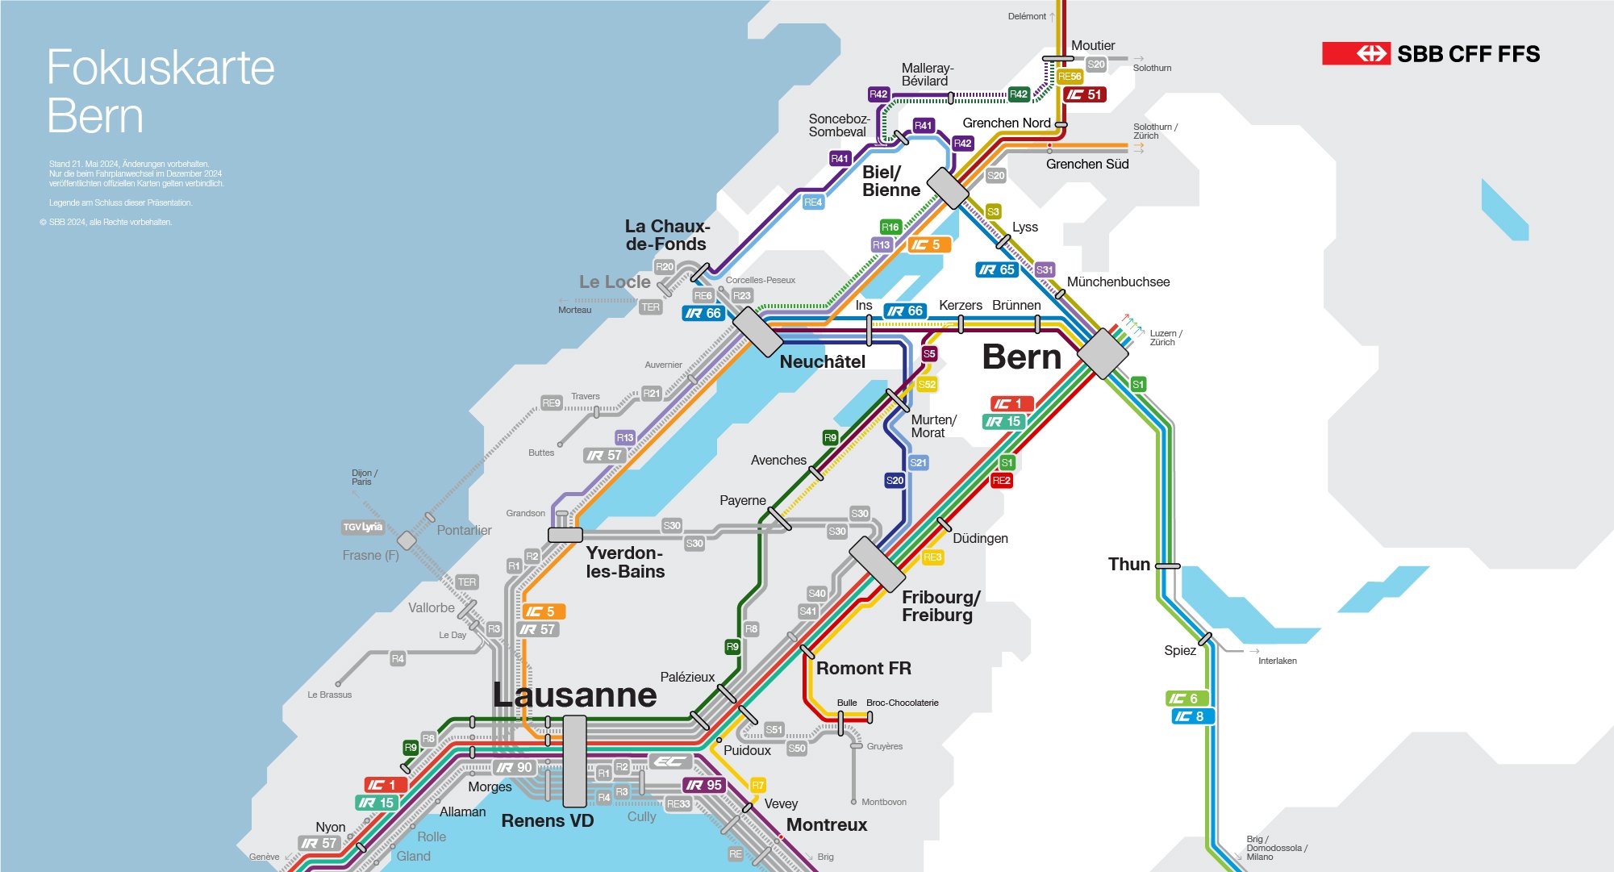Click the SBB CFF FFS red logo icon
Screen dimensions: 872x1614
1356,54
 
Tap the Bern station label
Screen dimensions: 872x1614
1021,357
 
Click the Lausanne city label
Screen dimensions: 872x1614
574,695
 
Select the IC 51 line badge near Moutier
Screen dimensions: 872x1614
1085,94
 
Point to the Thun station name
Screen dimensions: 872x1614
1128,564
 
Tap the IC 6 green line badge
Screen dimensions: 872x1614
1187,699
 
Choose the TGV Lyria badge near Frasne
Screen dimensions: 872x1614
362,527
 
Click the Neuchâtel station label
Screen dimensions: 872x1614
822,361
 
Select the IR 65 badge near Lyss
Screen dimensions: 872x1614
997,269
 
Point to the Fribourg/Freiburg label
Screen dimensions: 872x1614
940,606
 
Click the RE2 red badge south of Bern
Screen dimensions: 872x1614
1001,480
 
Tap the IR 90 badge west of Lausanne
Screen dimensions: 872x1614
515,767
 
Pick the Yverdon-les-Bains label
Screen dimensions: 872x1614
625,562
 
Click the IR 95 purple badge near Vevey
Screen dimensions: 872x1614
704,785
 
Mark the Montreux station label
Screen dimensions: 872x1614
826,824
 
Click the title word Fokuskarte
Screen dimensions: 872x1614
161,67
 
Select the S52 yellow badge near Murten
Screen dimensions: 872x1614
927,384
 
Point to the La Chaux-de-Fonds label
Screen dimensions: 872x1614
667,235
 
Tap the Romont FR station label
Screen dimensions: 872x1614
863,668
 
